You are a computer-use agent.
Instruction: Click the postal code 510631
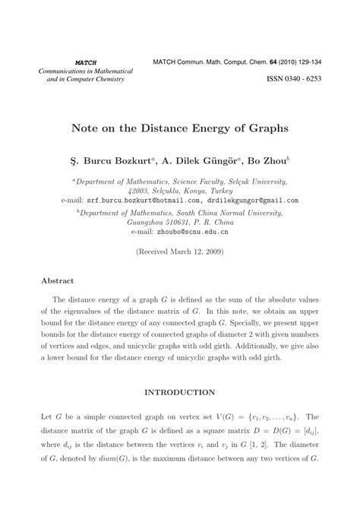tap(195, 226)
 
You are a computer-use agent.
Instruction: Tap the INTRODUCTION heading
tap(179, 393)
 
